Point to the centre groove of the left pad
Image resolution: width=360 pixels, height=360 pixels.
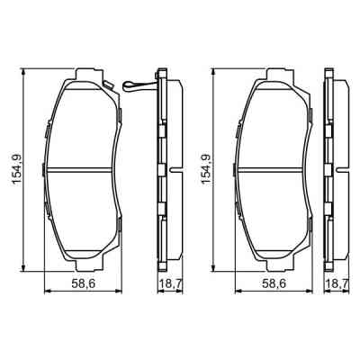(x=83, y=170)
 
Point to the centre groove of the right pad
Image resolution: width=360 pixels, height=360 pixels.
(x=273, y=170)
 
